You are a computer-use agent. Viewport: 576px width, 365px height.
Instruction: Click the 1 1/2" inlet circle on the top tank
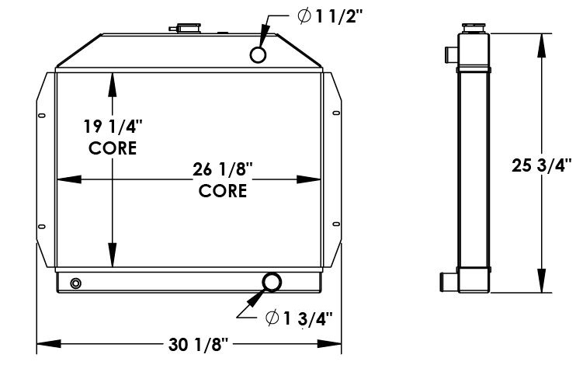[x=259, y=54]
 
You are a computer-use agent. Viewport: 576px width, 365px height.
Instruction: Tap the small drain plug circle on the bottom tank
[x=75, y=283]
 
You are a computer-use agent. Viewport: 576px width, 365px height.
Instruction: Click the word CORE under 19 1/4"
[x=113, y=148]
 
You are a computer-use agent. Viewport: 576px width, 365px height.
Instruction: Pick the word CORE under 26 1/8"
[x=222, y=189]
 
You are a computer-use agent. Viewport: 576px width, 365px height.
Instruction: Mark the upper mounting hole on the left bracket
[x=41, y=116]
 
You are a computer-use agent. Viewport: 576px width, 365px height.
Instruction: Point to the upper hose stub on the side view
[x=450, y=54]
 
